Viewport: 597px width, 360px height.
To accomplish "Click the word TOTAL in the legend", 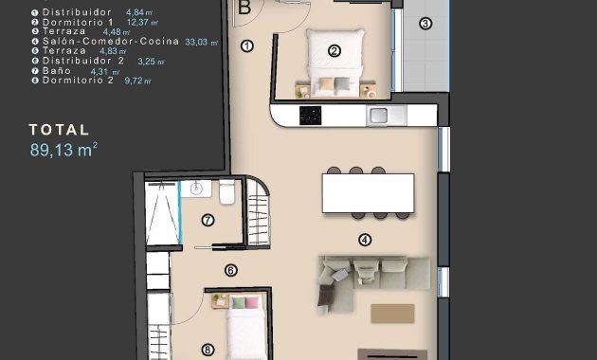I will (59, 129).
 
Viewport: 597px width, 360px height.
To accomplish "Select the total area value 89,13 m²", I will (63, 148).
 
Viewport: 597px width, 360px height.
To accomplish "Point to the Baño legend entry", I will (57, 71).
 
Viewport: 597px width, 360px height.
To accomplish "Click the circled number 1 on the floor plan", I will (248, 45).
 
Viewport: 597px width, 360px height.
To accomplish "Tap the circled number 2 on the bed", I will (334, 51).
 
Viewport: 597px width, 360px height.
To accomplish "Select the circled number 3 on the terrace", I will (425, 23).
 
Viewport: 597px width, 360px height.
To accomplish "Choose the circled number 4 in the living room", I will (364, 240).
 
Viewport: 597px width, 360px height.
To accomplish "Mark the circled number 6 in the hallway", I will (230, 270).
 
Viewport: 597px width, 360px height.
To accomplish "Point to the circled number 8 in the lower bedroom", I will (208, 349).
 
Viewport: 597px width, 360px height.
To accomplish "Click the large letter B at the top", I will (244, 8).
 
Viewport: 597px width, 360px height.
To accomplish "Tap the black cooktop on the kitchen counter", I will (310, 116).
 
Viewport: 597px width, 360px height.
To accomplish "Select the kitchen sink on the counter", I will (378, 116).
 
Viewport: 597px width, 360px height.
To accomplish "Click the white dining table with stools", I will (366, 194).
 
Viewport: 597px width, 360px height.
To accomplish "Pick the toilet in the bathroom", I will (226, 192).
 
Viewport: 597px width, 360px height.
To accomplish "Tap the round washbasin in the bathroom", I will (196, 189).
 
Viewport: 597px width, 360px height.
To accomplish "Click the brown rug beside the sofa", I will (392, 313).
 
